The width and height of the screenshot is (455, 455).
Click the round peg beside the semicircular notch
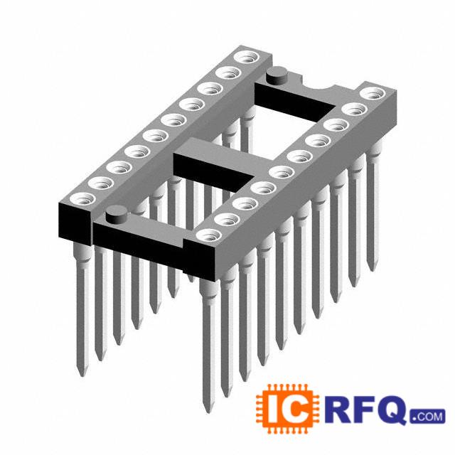277,75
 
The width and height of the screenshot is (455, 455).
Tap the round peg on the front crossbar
117,215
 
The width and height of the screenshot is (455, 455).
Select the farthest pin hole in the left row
247,57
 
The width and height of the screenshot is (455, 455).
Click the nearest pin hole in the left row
82,199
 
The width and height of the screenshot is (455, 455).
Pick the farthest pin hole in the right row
373,94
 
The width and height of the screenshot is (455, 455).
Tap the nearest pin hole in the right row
208,235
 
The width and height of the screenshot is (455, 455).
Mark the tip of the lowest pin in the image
208,412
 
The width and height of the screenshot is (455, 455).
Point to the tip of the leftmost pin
82,376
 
